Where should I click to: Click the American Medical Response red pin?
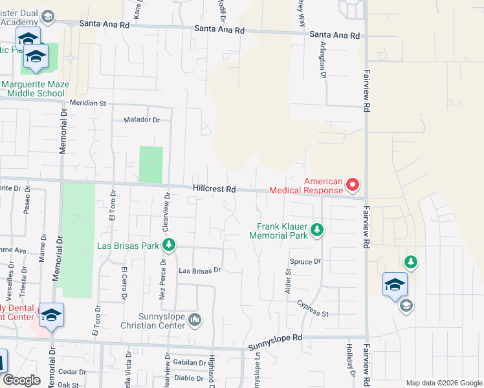(x=353, y=186)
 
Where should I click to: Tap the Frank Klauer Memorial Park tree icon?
(x=317, y=230)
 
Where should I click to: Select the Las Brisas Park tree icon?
(x=169, y=245)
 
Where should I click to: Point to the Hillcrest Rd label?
(x=213, y=189)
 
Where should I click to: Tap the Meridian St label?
(x=89, y=103)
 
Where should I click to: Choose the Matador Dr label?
(x=141, y=120)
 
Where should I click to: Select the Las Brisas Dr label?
(x=200, y=270)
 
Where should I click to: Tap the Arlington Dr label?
(x=322, y=59)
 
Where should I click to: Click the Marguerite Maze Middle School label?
(x=32, y=89)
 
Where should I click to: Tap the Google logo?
(x=21, y=380)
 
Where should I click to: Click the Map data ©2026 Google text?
(x=443, y=383)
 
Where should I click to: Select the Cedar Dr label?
(x=72, y=372)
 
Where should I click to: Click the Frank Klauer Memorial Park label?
(x=281, y=231)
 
